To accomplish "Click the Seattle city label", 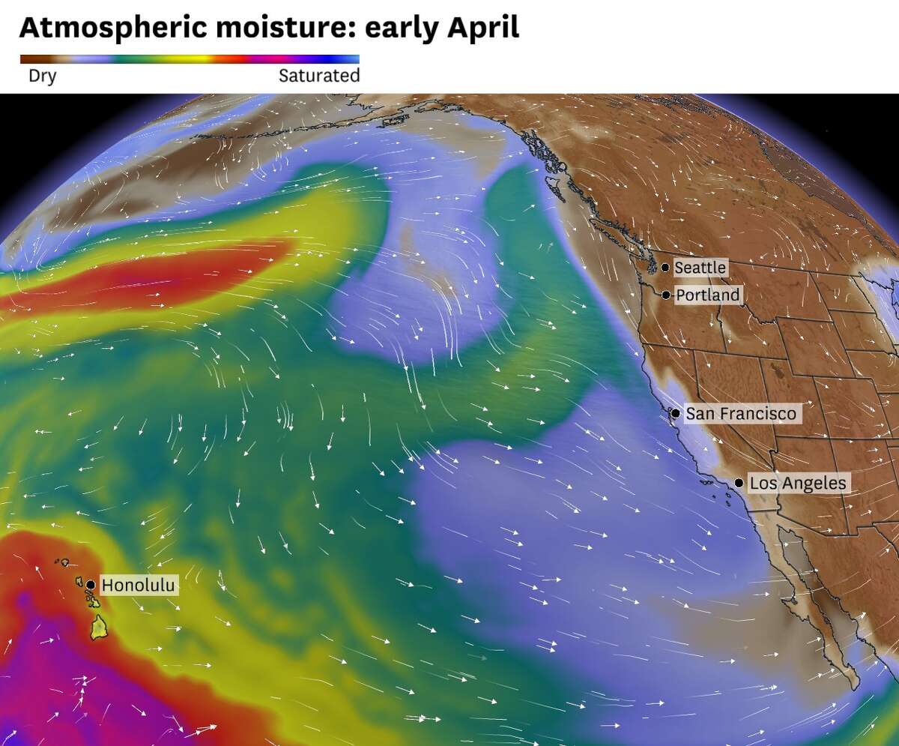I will tap(700, 268).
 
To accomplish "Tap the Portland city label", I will tap(707, 295).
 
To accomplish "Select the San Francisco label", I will tap(741, 413).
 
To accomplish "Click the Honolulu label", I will tap(139, 585).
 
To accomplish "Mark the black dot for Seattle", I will tap(665, 268).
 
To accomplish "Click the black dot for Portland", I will tap(666, 295).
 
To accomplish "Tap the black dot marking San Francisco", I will tap(675, 413).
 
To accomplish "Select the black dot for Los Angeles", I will tap(739, 484).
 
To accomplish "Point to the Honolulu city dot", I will tap(91, 585).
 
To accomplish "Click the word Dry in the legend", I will tap(42, 76).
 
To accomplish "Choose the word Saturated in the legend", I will tap(319, 76).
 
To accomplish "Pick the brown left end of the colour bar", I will tap(30, 58).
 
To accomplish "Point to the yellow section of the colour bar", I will tap(184, 58).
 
